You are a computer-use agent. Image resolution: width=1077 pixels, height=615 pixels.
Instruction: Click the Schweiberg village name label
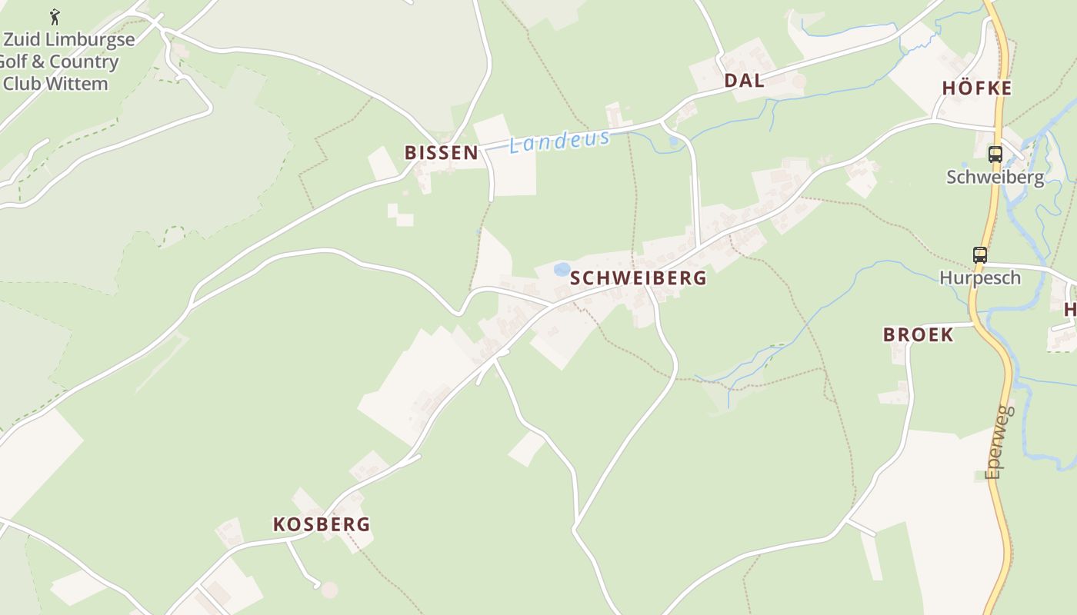pyautogui.click(x=639, y=278)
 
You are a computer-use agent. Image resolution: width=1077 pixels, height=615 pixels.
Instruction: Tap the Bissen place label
pyautogui.click(x=442, y=153)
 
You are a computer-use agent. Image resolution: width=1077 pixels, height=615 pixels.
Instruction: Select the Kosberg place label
pyautogui.click(x=322, y=524)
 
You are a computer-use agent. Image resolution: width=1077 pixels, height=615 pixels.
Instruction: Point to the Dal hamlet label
pyautogui.click(x=744, y=81)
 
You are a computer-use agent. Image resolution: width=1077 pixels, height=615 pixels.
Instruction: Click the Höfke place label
pyautogui.click(x=977, y=88)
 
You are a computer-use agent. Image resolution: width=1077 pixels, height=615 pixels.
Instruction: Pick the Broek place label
pyautogui.click(x=918, y=334)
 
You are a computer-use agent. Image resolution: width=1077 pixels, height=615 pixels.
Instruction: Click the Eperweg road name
pyautogui.click(x=998, y=442)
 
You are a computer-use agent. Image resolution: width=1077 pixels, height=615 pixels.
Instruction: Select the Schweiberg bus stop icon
pyautogui.click(x=995, y=154)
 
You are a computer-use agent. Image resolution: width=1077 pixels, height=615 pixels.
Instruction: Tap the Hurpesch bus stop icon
pyautogui.click(x=979, y=255)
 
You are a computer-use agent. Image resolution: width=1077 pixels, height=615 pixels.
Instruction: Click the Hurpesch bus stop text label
pyautogui.click(x=979, y=278)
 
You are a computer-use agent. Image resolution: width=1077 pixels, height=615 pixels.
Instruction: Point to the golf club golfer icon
pyautogui.click(x=55, y=17)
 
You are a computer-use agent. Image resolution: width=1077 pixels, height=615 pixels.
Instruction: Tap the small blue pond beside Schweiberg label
pyautogui.click(x=562, y=269)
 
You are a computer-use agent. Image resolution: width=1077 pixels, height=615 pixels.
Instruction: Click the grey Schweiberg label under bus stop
pyautogui.click(x=995, y=177)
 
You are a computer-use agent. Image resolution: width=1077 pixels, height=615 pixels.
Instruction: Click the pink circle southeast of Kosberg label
pyautogui.click(x=329, y=590)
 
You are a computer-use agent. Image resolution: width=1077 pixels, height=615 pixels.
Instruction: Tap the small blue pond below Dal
pyautogui.click(x=674, y=141)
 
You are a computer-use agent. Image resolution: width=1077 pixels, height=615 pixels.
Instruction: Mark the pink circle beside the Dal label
pyautogui.click(x=799, y=81)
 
